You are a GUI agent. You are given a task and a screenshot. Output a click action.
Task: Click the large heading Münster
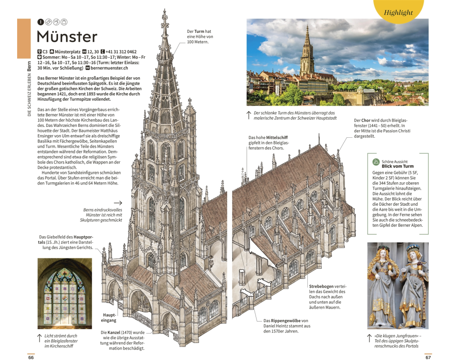tap(67, 37)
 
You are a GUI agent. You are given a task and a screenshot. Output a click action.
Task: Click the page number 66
tap(31, 357)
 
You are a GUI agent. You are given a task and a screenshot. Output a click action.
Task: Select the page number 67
tap(428, 357)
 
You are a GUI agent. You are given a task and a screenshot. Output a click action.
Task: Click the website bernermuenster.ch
tap(109, 68)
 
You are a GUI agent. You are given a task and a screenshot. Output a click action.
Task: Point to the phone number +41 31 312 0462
tap(121, 52)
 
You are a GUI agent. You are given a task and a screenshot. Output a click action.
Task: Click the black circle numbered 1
tap(40, 22)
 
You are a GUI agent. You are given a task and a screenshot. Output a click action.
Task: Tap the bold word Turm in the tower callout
tap(199, 31)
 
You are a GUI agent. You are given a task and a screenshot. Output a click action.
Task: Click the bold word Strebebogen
tap(321, 286)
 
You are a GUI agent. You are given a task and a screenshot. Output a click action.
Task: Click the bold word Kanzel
tap(114, 332)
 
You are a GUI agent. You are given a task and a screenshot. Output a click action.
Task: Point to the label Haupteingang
tap(109, 318)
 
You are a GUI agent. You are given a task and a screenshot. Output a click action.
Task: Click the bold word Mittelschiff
tap(277, 138)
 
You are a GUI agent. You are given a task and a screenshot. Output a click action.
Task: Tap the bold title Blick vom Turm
tap(397, 166)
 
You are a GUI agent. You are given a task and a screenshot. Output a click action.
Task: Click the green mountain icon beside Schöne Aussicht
tap(376, 162)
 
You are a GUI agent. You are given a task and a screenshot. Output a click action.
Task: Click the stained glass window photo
tap(65, 293)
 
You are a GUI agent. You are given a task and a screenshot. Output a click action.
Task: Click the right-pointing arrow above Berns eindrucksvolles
tap(118, 202)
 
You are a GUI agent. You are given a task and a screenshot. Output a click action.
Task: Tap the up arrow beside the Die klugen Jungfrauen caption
tap(369, 338)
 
